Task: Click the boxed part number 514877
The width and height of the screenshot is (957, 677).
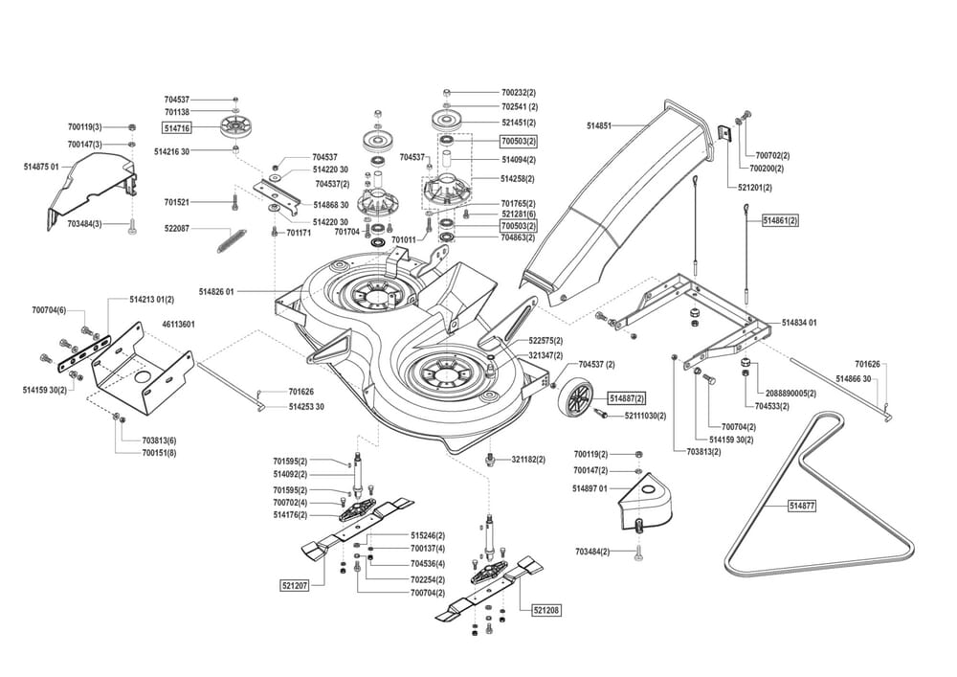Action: [x=802, y=505]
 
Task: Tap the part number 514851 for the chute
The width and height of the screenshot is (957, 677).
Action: [x=599, y=125]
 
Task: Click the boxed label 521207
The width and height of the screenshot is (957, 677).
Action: [x=294, y=584]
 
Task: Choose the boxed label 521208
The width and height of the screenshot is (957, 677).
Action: [x=546, y=609]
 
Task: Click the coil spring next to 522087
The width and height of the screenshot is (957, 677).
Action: [x=228, y=238]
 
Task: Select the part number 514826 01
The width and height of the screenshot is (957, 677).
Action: [x=217, y=291]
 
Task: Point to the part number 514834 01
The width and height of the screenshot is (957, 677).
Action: [x=799, y=323]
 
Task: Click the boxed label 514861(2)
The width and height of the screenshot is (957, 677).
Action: [x=780, y=220]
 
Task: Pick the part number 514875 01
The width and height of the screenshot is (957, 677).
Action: [x=41, y=167]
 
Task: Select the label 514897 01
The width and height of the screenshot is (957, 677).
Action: [x=590, y=488]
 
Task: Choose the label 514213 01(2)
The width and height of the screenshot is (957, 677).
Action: [x=151, y=300]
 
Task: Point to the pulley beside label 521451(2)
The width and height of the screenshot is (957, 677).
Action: [x=446, y=122]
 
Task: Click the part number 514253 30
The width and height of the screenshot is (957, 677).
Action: [x=306, y=407]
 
